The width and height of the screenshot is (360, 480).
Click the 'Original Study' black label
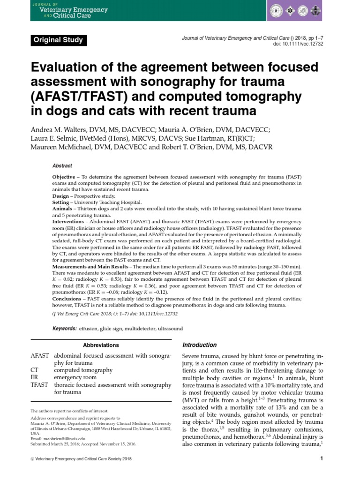(58, 40)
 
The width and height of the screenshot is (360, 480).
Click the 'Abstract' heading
(62, 165)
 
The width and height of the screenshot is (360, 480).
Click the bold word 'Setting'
(61, 202)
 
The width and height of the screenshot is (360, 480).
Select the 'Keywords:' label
(65, 329)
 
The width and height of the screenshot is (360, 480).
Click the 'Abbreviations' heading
(101, 345)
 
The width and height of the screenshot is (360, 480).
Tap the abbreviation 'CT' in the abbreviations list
(35, 370)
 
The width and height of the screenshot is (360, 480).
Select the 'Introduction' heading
(199, 345)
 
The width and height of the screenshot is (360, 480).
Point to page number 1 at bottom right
(322, 459)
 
